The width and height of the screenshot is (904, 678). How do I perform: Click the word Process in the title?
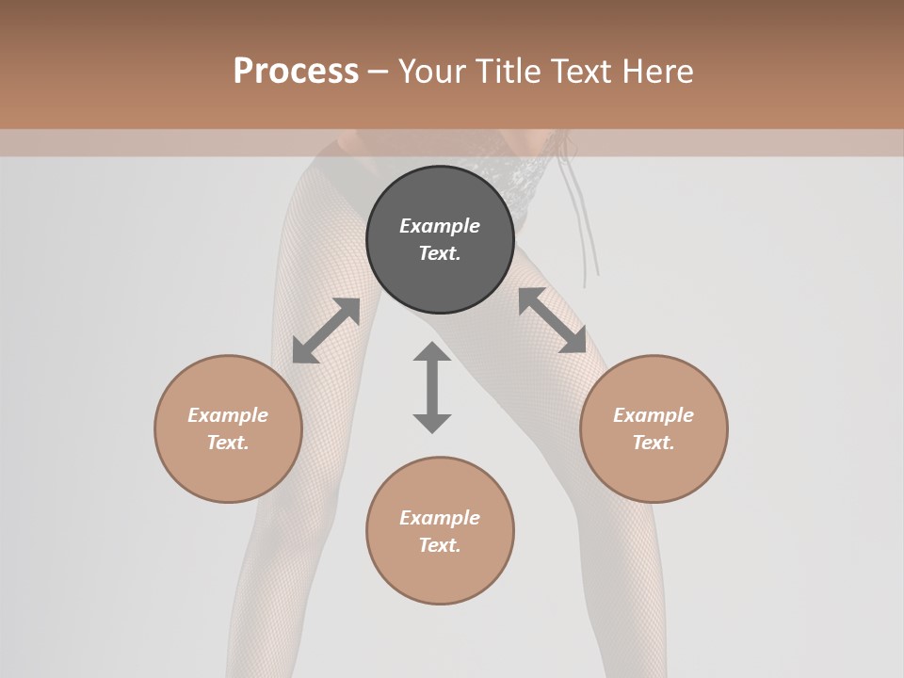(x=296, y=72)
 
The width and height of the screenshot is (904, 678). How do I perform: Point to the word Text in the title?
(x=582, y=72)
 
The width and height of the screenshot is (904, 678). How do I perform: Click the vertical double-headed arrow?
(x=432, y=387)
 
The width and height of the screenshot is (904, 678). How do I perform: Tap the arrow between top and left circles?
(x=326, y=331)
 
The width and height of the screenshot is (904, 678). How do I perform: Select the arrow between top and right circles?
(x=553, y=320)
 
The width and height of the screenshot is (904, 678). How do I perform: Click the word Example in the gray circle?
(x=440, y=226)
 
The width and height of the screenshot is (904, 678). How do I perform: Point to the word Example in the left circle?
(x=228, y=415)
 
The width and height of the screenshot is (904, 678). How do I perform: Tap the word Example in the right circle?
(x=654, y=415)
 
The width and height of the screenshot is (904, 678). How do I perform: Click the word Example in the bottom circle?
(x=440, y=518)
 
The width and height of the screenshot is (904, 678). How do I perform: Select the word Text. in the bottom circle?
(x=440, y=545)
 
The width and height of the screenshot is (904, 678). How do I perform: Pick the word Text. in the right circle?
(x=654, y=443)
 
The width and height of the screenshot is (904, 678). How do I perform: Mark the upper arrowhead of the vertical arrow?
(x=432, y=352)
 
